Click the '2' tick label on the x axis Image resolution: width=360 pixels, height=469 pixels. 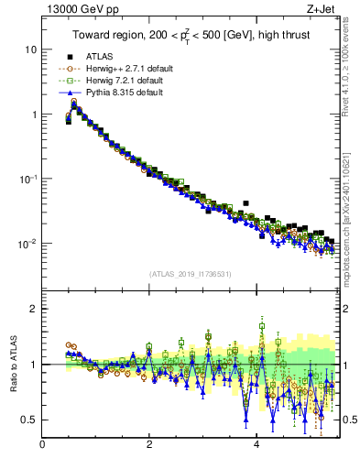tap(149, 446)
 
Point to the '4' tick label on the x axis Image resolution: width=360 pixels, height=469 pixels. tap(256, 446)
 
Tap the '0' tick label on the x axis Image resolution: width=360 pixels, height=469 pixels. tap(42, 446)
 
